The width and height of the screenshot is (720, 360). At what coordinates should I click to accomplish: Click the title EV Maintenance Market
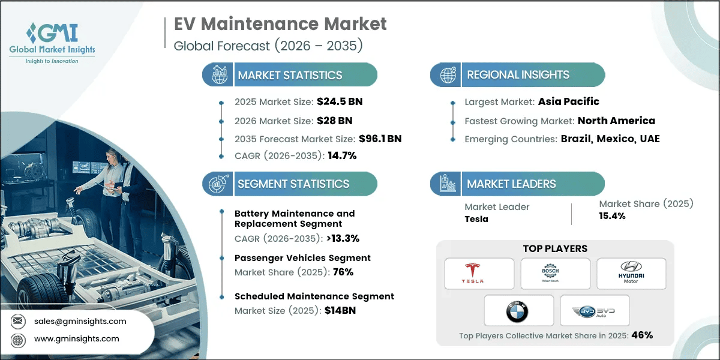[x=280, y=24]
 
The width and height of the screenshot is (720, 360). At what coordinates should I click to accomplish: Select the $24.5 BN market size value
[x=339, y=101]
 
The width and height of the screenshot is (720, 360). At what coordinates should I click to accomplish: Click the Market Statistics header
[x=290, y=75]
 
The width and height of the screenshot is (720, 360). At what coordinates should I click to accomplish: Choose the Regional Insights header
[x=518, y=75]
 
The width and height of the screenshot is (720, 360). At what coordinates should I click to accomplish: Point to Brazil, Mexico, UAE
[x=610, y=139]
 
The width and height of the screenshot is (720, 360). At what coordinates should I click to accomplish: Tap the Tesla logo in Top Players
[x=479, y=274]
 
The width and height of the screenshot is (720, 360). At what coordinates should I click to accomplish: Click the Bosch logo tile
[x=555, y=274]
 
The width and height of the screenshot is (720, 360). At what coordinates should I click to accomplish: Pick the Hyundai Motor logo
[x=631, y=274]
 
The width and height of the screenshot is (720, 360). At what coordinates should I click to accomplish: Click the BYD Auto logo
[x=594, y=310]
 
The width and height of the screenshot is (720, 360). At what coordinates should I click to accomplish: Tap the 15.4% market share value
[x=613, y=216]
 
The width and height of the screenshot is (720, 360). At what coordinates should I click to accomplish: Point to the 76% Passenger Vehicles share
[x=343, y=272]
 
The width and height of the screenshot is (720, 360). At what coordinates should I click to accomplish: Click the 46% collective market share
[x=641, y=335]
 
